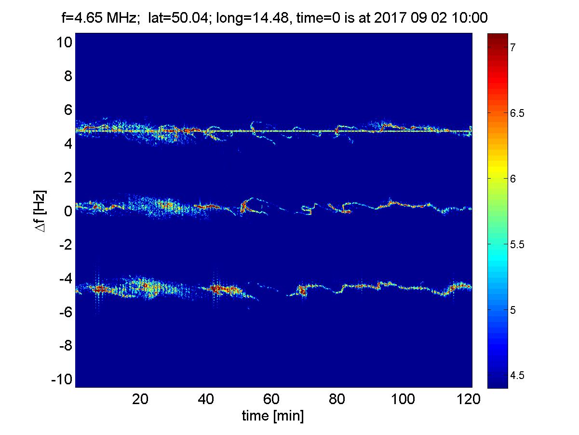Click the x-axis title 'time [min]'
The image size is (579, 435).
pyautogui.click(x=273, y=416)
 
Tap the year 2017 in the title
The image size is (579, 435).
pyautogui.click(x=390, y=19)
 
